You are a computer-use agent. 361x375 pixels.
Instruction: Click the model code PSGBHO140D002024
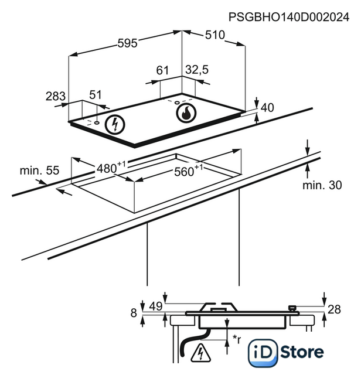point(289,17)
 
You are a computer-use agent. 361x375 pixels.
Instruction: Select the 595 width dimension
point(128,43)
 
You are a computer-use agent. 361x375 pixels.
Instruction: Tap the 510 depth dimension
point(215,35)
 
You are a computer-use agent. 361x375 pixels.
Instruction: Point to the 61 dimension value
point(162,70)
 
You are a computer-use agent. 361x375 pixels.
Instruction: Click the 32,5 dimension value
point(197,70)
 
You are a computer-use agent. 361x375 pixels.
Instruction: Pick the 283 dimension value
point(56,96)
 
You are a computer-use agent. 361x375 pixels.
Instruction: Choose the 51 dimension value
point(96,95)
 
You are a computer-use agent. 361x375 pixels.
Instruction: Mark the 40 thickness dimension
point(267,108)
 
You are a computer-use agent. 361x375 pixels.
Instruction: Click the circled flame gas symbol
point(186,112)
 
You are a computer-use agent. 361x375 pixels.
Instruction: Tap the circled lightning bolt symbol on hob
point(115,124)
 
